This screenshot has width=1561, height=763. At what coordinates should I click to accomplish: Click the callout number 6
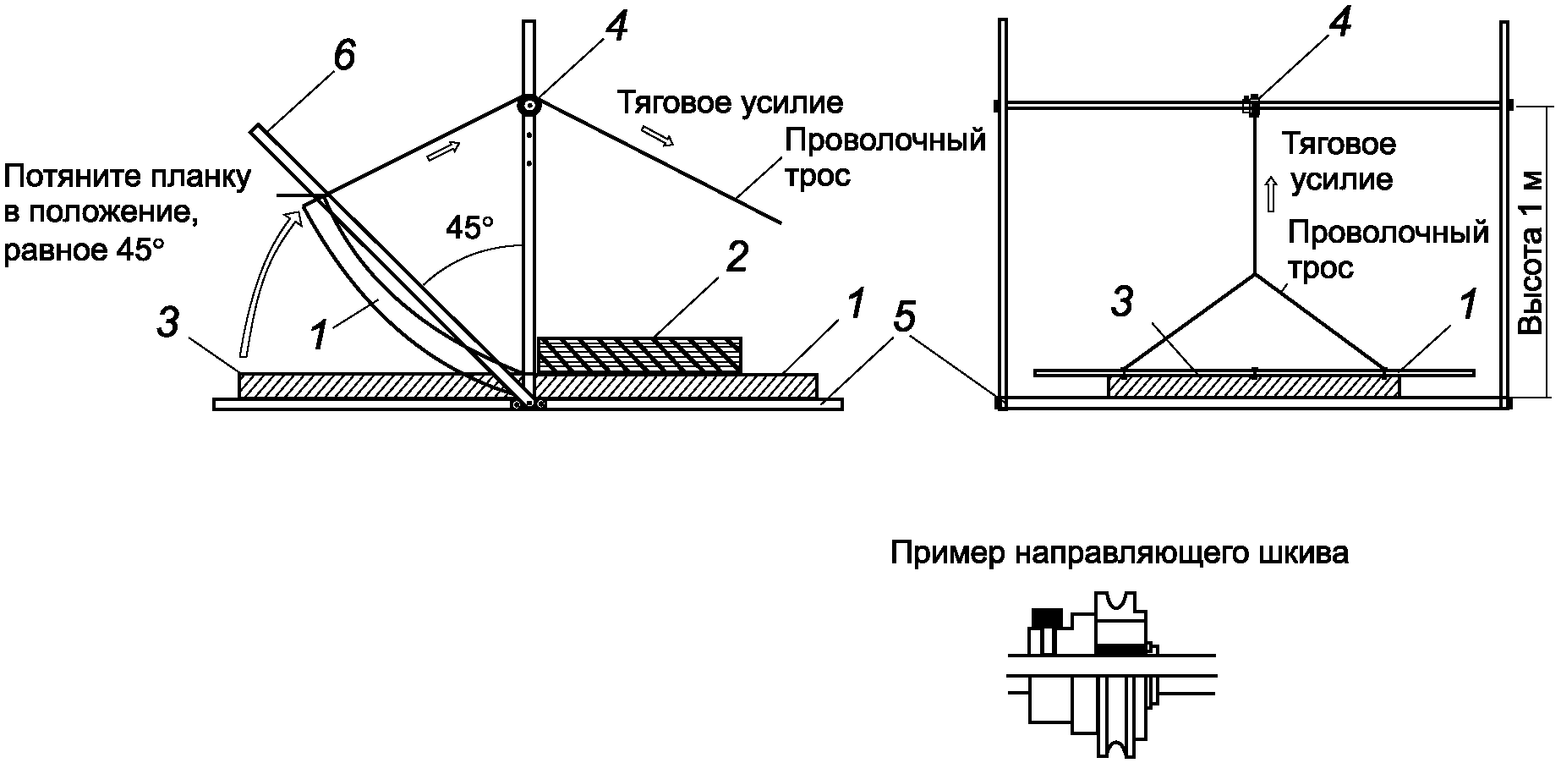[x=344, y=56]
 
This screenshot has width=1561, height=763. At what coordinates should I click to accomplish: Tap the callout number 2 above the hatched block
[x=737, y=256]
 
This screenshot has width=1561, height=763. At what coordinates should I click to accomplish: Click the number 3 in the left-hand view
[x=167, y=323]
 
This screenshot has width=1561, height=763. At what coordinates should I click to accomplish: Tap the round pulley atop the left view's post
[x=529, y=105]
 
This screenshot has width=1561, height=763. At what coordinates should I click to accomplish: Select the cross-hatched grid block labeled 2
[x=640, y=355]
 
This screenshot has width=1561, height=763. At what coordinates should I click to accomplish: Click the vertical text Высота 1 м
[x=1532, y=254]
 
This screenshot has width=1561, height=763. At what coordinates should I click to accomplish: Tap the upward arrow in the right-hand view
[x=1269, y=195]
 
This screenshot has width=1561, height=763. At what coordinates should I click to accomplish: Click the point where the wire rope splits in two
[x=1254, y=275]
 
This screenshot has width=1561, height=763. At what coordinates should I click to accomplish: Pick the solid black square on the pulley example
[x=1047, y=616]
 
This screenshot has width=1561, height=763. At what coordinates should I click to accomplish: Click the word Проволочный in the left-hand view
[x=885, y=139]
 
